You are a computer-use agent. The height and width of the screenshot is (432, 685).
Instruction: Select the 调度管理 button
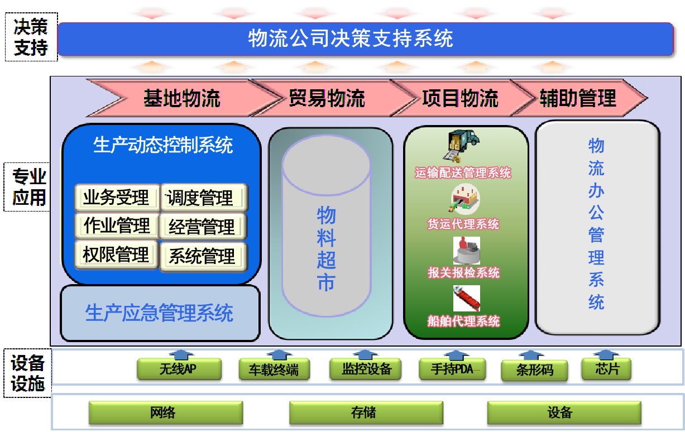[204, 198]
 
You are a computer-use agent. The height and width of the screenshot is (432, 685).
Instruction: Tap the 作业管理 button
[117, 225]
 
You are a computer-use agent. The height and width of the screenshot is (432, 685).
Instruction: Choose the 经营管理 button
[203, 227]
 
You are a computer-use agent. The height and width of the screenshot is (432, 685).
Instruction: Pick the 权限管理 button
[117, 255]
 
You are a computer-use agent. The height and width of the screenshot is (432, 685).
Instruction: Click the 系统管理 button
[203, 257]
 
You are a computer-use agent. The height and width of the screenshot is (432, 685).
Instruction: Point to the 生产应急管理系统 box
[160, 313]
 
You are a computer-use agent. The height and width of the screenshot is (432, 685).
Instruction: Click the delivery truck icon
[461, 146]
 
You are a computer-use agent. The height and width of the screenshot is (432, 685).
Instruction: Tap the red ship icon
[466, 299]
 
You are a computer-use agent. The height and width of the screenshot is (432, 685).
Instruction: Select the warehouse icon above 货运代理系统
[464, 198]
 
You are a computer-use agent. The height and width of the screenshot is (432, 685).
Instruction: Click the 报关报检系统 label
[463, 272]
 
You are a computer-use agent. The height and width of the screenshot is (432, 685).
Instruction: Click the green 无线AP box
[179, 369]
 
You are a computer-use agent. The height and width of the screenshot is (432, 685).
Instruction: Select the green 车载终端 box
[274, 369]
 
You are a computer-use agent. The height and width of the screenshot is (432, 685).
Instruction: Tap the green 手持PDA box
[452, 369]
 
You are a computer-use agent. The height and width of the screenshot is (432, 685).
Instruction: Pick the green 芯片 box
[606, 369]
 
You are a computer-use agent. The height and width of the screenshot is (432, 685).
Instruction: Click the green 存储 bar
[366, 412]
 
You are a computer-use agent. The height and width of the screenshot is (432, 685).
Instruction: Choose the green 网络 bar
[166, 412]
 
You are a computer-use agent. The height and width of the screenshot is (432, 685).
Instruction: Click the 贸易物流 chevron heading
[327, 98]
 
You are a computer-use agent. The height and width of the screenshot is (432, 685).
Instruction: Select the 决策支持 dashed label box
[31, 37]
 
